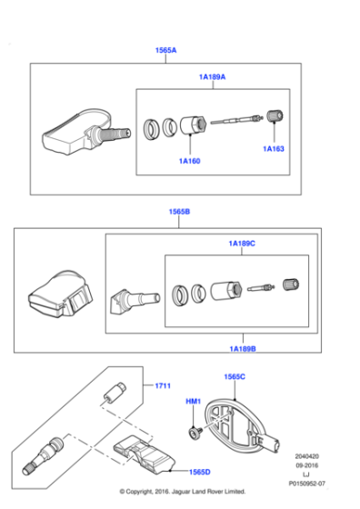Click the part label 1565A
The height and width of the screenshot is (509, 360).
coord(165,52)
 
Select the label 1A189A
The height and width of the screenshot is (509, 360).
coord(213,77)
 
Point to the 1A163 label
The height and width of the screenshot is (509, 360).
coord(275,148)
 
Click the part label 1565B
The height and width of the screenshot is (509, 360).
coord(178,211)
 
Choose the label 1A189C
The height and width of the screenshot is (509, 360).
coord(242,244)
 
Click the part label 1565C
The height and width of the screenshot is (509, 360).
coord(235,376)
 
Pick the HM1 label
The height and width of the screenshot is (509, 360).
coord(193,402)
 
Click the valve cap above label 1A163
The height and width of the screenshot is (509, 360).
coord(275,119)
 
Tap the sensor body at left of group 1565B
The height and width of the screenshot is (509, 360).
coord(56,296)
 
